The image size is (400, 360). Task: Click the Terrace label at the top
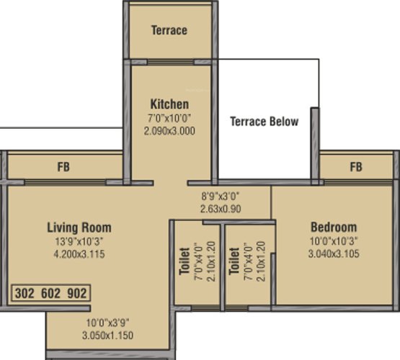[x=169, y=30]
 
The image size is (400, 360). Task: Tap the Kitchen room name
[x=169, y=104]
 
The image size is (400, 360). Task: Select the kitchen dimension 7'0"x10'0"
[x=169, y=118]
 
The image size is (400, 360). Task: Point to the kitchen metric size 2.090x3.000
[x=169, y=131]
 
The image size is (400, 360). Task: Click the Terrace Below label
[x=265, y=121]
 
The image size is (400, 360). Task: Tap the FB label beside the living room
[x=63, y=167]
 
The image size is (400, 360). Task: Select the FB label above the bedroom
[x=356, y=167]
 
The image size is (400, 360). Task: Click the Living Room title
[x=79, y=228]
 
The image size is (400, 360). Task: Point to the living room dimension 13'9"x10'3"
[x=79, y=241]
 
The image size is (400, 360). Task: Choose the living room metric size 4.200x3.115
[x=79, y=254]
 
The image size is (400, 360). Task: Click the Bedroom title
[x=334, y=227]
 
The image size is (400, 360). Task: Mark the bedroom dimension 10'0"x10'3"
[x=334, y=240]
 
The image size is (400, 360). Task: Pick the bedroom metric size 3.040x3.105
[x=334, y=253]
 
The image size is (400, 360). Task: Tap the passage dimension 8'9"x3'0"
[x=221, y=196]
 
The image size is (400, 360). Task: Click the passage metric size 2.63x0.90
[x=221, y=209]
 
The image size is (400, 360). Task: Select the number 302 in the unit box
[x=25, y=293]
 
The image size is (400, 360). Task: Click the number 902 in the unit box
[x=77, y=293]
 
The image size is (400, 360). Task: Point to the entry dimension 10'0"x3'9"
[x=107, y=323]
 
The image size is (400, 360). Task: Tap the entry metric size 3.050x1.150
[x=107, y=336]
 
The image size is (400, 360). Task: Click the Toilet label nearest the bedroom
[x=234, y=261]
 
